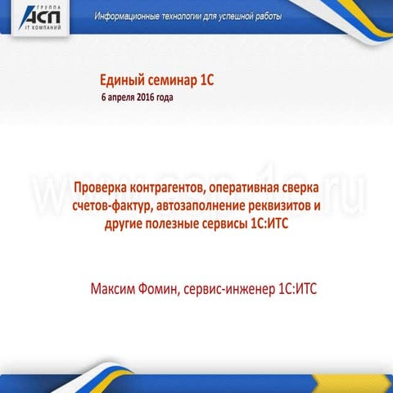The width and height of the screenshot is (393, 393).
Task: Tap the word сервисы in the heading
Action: click(235, 222)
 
